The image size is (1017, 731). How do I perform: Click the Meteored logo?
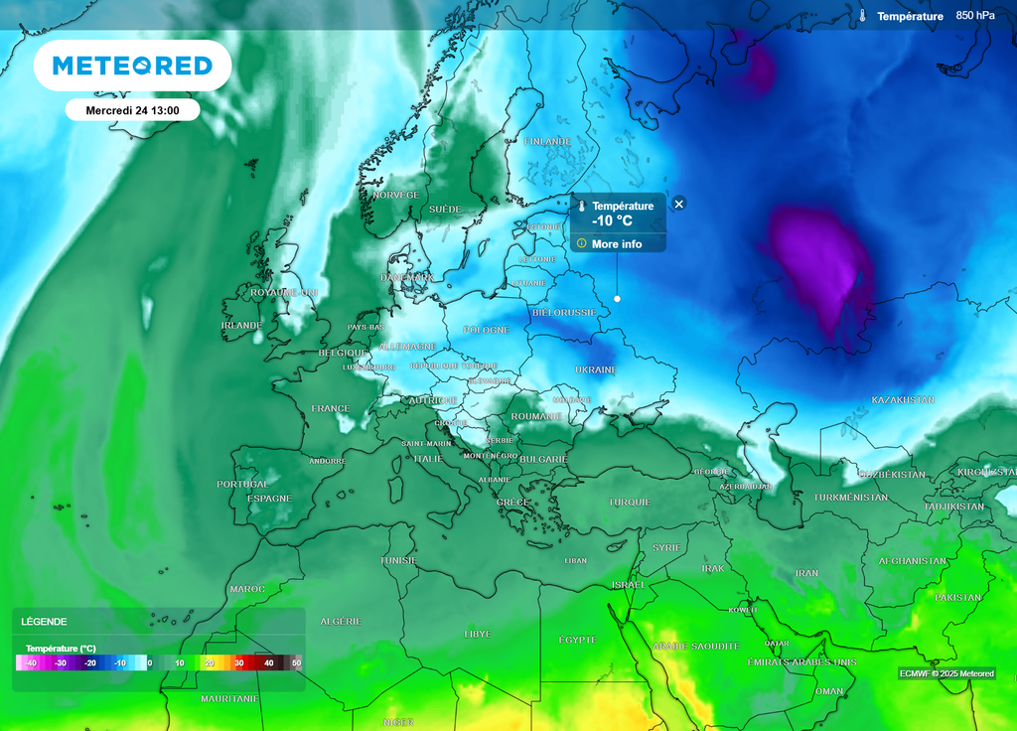(132, 66)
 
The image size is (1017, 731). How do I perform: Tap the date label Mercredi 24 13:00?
(132, 110)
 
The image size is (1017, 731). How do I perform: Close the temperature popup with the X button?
(679, 204)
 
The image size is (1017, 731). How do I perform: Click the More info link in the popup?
(616, 243)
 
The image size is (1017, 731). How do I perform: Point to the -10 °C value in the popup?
(612, 221)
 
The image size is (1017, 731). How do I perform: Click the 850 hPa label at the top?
(975, 16)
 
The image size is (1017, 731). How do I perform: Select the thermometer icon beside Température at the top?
(863, 16)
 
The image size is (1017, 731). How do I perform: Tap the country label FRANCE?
(330, 408)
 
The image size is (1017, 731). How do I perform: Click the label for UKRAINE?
(596, 369)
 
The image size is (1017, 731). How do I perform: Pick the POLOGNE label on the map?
(486, 330)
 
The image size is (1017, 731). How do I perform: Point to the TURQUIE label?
(630, 502)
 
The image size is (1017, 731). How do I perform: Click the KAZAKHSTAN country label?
(903, 399)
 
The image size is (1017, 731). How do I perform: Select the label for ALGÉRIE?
(341, 621)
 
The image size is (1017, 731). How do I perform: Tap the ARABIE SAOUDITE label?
(695, 646)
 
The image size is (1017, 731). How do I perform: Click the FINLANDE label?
(547, 142)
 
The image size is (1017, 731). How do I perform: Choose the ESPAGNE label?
(269, 498)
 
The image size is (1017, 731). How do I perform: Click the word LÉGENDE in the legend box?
(45, 622)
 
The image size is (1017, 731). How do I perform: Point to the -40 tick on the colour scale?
(31, 662)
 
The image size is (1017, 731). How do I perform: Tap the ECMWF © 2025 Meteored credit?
(946, 673)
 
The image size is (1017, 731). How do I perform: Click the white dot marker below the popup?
(617, 298)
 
